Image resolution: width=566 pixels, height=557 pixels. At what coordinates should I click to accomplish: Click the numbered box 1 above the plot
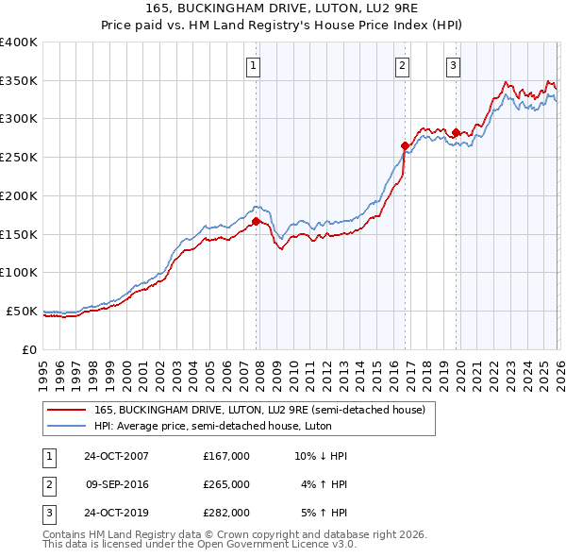(255, 65)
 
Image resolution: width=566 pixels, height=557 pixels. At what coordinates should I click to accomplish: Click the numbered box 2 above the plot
(402, 65)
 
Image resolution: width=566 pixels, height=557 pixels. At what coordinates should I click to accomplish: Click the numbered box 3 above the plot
(454, 65)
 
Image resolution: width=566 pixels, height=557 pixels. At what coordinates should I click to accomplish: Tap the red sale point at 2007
(256, 221)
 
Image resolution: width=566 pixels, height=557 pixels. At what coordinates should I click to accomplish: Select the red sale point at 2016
(405, 145)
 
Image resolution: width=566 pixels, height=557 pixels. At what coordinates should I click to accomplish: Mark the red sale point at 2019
(457, 132)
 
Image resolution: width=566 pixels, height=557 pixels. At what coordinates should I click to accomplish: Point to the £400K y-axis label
(18, 42)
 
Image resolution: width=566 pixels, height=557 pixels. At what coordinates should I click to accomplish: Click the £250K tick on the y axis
(18, 158)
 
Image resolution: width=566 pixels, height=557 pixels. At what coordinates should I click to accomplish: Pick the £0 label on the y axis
(29, 349)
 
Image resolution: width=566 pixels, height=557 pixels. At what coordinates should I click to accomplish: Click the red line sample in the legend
(67, 410)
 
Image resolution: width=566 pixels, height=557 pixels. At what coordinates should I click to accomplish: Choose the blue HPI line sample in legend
(67, 427)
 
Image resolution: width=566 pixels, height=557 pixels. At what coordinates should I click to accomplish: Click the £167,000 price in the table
(225, 456)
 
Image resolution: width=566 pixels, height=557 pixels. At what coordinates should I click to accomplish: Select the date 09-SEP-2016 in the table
(116, 485)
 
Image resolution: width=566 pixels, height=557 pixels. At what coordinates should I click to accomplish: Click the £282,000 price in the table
(225, 515)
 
